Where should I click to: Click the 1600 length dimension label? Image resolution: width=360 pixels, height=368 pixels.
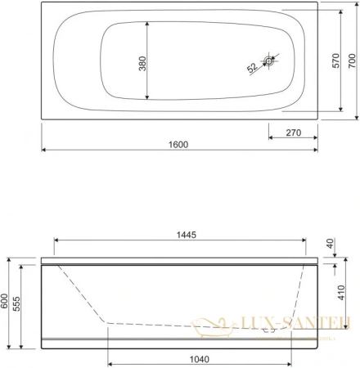[179, 144]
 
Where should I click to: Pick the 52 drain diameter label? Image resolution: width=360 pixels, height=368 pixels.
[251, 69]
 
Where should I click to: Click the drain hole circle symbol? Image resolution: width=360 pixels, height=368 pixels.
[271, 60]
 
